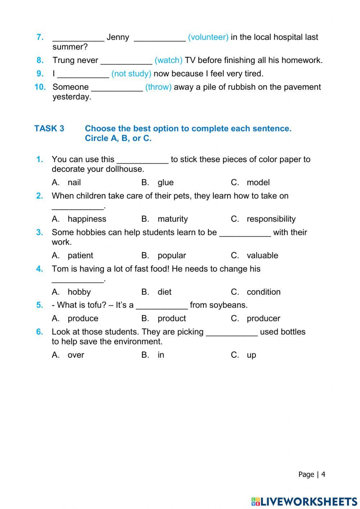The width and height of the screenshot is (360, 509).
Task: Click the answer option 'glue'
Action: pos(165,183)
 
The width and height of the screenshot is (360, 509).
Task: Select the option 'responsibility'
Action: pos(271,219)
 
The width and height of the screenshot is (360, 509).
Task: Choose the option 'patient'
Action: pos(80,255)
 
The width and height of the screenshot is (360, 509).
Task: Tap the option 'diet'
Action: pos(164,292)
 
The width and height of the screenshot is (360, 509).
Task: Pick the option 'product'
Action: pos(171,318)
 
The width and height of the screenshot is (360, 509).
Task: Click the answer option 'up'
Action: pos(251,355)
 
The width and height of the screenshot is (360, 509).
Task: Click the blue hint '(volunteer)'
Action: pos(208,37)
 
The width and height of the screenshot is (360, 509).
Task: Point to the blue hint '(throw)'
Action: pos(158,87)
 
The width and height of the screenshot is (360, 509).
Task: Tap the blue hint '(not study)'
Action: pos(131,73)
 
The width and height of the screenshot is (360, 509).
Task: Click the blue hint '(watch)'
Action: pos(168,60)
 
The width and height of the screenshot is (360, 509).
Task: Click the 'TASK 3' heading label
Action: pos(49,129)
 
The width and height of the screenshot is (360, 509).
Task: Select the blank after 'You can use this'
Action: pos(143,160)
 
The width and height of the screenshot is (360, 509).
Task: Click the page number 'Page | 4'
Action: pos(311,474)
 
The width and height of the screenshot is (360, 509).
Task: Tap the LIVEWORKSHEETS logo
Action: pos(304,501)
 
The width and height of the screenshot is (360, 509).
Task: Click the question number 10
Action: pos(40,87)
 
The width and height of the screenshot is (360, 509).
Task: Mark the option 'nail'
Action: pos(74,183)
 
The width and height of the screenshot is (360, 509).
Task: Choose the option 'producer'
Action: pos(263,318)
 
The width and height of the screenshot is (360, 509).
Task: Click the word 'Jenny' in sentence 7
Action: pos(118,37)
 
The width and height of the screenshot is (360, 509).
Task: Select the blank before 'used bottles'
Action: pos(231,332)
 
